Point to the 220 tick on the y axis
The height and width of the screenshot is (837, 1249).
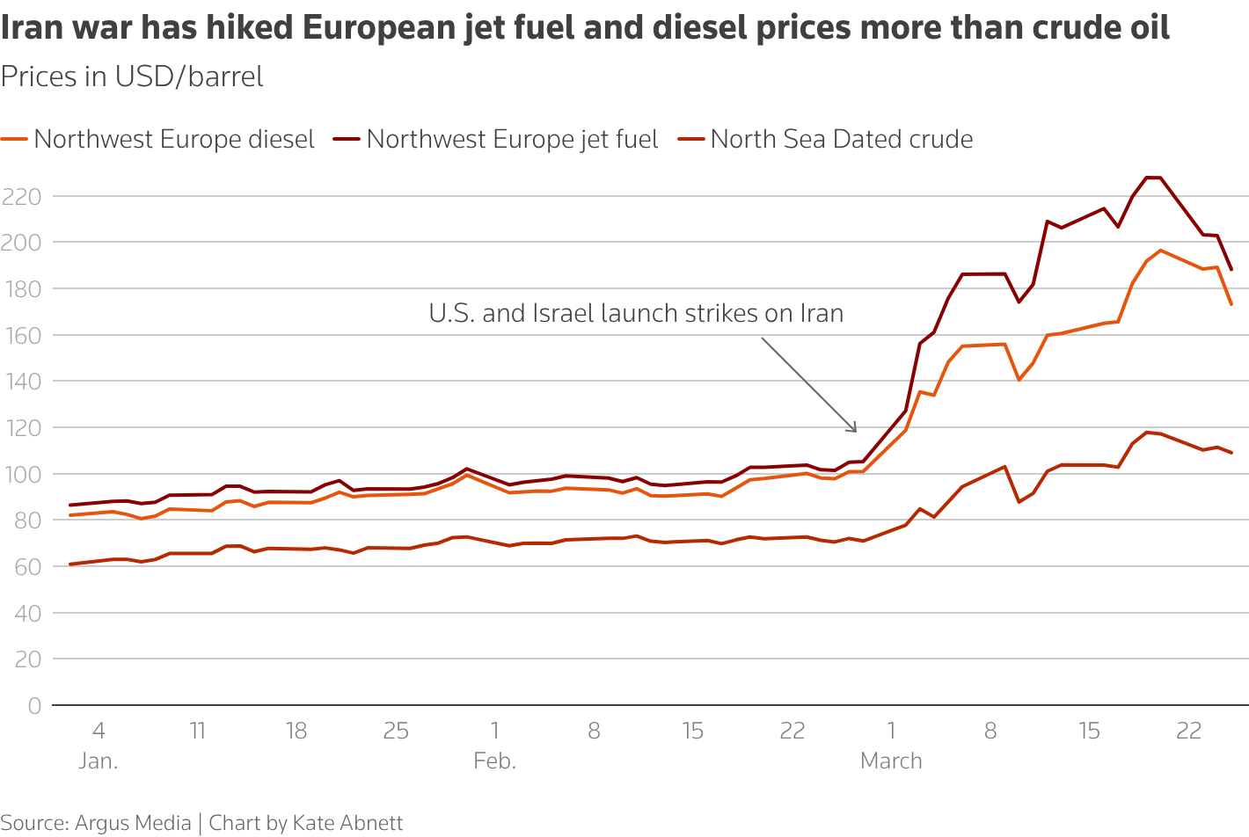22,197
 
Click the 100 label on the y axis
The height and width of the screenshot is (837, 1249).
22,475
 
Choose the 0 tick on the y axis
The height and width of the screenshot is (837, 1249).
33,706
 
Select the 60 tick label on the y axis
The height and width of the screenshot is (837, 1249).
27,567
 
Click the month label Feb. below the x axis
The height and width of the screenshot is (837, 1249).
494,761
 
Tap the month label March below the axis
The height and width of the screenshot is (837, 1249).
891,761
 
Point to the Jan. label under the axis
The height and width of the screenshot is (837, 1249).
98,761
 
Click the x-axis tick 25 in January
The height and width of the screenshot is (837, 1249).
396,731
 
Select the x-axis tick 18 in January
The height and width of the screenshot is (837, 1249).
296,731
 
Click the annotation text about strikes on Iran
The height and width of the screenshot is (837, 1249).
636,314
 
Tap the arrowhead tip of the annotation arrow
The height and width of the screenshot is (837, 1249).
856,432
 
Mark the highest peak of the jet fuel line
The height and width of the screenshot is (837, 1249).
1153,178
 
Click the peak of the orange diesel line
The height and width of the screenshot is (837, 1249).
1161,251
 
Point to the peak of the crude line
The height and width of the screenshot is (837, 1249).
1147,432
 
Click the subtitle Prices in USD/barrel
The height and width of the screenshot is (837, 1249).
132,77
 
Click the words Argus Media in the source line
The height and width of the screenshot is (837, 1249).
133,823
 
